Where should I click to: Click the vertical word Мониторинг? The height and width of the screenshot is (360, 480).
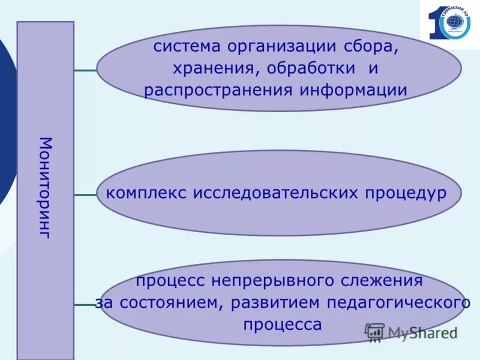point(46,187)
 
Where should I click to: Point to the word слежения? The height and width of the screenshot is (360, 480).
point(384,280)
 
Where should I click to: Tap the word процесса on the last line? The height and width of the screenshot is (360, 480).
point(283,325)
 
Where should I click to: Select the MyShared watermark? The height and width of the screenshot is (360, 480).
point(412,332)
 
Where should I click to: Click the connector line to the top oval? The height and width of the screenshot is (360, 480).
point(85,70)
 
